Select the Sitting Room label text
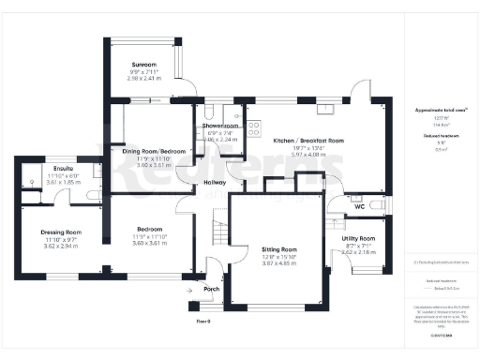click(x=278, y=248)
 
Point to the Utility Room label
click(x=359, y=239)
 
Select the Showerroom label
click(x=217, y=126)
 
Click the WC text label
click(x=359, y=206)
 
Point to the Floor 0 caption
click(x=202, y=321)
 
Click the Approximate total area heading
click(x=441, y=110)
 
